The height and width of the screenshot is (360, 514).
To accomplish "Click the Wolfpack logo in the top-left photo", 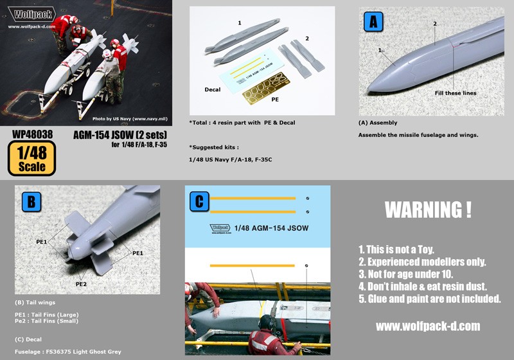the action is [x=31, y=14].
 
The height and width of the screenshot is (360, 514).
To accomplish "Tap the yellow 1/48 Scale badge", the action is [x=31, y=158].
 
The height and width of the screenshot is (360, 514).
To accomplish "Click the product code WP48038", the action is [x=32, y=134].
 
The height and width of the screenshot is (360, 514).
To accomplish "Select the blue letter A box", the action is [x=373, y=22].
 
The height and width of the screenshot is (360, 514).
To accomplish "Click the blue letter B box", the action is [x=31, y=202].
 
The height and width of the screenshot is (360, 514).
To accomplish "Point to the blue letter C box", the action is [x=199, y=202].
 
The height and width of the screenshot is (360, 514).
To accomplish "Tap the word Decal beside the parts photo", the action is [x=213, y=89].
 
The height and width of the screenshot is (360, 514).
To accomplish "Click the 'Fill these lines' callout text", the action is [x=456, y=93].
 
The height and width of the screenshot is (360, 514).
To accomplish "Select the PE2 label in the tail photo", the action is [x=81, y=284].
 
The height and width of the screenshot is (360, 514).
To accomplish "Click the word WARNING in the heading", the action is [x=423, y=210].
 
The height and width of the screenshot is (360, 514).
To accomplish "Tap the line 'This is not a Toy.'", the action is [x=396, y=249].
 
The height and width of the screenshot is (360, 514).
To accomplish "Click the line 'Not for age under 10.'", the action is [x=405, y=274].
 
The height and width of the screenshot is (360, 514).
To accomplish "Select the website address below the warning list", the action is [x=428, y=326].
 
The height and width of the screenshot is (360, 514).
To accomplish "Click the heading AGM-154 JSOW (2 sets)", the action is [x=120, y=135].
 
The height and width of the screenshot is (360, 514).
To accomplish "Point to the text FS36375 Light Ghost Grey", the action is [x=84, y=352].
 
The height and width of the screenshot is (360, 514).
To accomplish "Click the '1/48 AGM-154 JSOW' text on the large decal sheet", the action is [x=271, y=228].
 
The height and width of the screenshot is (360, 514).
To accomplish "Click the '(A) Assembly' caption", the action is [x=378, y=123].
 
